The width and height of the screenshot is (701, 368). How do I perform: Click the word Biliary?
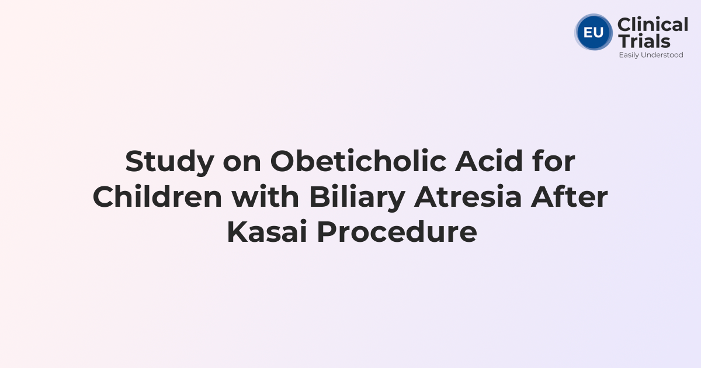click(356, 197)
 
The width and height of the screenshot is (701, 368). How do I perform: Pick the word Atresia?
click(467, 197)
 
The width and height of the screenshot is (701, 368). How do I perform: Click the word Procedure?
click(397, 233)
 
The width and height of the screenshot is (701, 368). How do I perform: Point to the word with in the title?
click(265, 197)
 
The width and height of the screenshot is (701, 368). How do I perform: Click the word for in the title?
click(556, 162)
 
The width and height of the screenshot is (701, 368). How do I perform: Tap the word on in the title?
click(242, 162)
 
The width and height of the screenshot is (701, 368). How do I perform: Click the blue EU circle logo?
click(594, 32)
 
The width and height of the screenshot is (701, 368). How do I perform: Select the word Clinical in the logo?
click(653, 25)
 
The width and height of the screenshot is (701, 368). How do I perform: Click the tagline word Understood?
click(663, 55)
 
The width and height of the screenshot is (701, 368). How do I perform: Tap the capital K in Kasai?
click(236, 233)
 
